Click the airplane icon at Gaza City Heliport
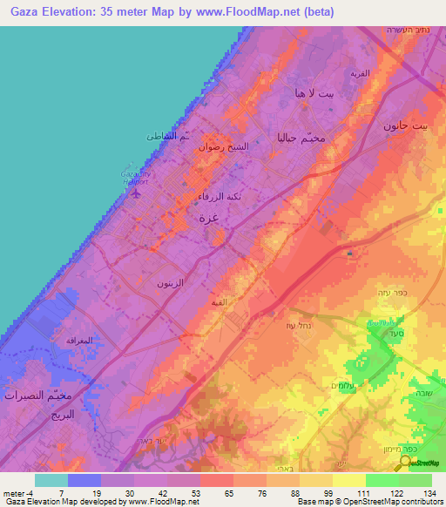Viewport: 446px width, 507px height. pos(134,193)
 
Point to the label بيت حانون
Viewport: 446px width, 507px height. pos(406,125)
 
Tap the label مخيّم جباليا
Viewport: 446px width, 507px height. pos(300,138)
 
